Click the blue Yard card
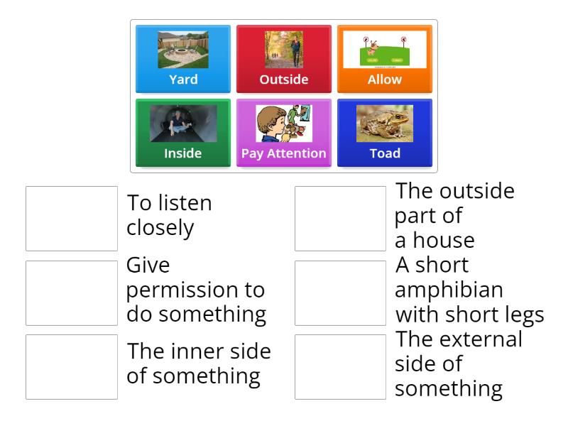tap(183, 60)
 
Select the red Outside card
tap(284, 60)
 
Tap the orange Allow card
tap(385, 60)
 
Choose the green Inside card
tap(183, 133)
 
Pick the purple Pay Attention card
tap(284, 133)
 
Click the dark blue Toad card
tap(385, 133)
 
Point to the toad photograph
tap(385, 124)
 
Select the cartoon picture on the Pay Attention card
tap(284, 124)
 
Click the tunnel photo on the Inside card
tap(183, 124)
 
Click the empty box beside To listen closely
tap(72, 219)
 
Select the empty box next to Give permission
tap(72, 293)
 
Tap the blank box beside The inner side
tap(72, 366)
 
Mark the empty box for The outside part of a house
tap(341, 219)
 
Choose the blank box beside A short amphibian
tap(341, 293)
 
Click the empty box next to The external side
tap(341, 366)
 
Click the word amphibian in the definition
tap(449, 290)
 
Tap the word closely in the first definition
tap(160, 228)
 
